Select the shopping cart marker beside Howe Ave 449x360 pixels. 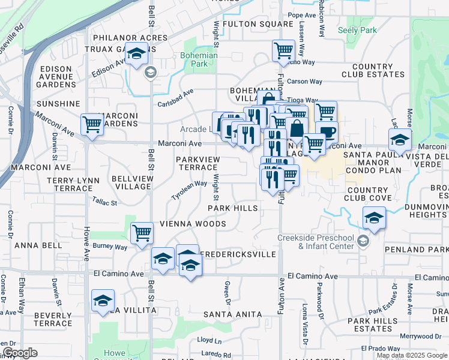[92, 125]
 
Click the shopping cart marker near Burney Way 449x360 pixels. [142, 232]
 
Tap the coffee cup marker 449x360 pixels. [327, 132]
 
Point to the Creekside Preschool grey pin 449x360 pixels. [362, 241]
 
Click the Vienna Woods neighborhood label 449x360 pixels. [193, 224]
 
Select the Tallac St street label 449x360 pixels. [105, 203]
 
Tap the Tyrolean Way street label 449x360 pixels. [189, 191]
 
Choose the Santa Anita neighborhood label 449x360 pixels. [232, 314]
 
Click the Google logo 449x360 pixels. [20, 353]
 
